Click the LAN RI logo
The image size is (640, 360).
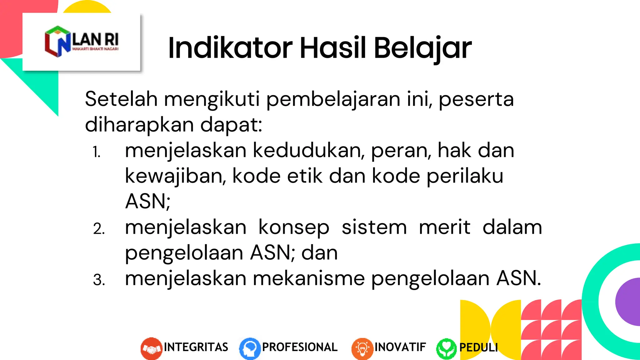tap(82, 42)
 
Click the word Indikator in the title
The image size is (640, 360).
tap(230, 48)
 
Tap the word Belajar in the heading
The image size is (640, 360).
tap(422, 49)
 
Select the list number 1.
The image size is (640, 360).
tap(97, 152)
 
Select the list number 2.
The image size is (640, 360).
tap(99, 229)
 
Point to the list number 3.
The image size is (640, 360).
tap(99, 280)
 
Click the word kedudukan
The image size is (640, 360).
tap(308, 151)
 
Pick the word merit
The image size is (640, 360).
tap(444, 227)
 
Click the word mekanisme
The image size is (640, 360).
tap(309, 278)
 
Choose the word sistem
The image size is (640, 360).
tap(374, 227)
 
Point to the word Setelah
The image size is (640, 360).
tap(121, 99)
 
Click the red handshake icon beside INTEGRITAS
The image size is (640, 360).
tap(151, 348)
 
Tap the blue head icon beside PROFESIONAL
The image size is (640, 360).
tap(250, 348)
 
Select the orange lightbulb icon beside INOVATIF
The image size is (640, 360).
tap(362, 348)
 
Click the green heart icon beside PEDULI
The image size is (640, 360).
tap(446, 348)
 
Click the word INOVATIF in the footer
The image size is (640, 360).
tap(400, 347)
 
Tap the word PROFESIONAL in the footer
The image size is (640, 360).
tap(300, 347)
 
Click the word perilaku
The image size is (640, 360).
tap(465, 176)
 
